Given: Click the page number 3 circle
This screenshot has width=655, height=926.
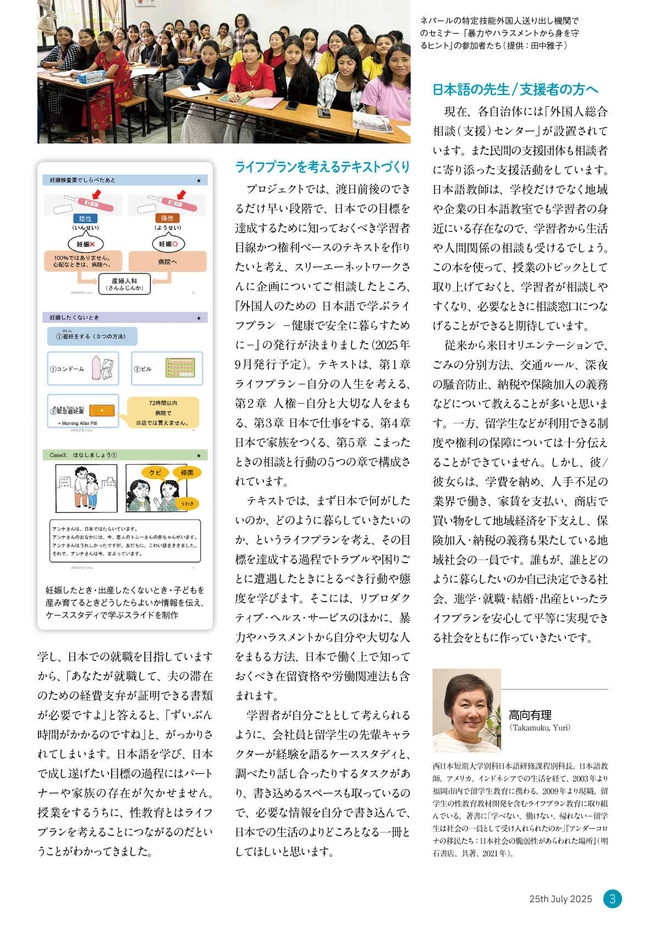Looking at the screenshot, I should tap(612, 899).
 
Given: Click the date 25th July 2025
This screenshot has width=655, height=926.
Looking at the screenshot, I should tap(560, 899).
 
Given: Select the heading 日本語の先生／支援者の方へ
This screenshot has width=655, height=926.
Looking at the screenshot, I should tap(515, 90).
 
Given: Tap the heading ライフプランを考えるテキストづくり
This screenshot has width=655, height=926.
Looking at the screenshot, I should tap(322, 167).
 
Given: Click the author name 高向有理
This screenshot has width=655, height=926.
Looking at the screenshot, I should tap(530, 715).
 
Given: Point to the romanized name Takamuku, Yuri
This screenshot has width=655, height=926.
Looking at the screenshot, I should tap(540, 727).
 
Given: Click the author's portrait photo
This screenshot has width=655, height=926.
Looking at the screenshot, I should tap(466, 710).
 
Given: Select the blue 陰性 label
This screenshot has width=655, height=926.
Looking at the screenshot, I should tap(85, 218).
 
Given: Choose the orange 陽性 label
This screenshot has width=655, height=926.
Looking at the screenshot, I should tap(167, 218).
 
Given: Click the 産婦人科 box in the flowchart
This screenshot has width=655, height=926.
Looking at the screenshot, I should tap(124, 284).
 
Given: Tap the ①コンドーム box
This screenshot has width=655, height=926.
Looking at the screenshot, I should tap(83, 368).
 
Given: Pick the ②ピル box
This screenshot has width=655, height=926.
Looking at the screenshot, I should tap(167, 368).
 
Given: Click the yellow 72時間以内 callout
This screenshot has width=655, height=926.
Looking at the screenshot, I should tap(163, 412).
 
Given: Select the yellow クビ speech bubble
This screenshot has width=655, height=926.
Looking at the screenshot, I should tap(155, 472).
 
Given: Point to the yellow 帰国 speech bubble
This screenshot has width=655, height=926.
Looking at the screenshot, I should tap(187, 472).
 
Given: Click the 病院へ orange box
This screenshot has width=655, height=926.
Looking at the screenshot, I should tap(167, 262).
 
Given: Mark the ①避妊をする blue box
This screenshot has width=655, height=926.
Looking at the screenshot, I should tap(92, 336).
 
